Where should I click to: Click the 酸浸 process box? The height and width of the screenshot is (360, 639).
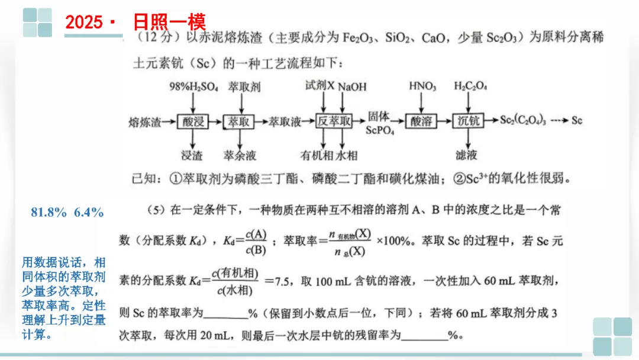pyautogui.click(x=193, y=121)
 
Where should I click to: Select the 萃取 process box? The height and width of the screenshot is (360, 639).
pyautogui.click(x=239, y=121)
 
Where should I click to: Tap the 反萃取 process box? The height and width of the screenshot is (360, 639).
pyautogui.click(x=334, y=121)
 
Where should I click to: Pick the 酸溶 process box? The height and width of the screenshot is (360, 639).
pyautogui.click(x=422, y=121)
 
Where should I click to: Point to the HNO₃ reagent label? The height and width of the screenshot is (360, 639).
pyautogui.click(x=422, y=86)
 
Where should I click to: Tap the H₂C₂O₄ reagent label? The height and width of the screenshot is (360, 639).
pyautogui.click(x=470, y=86)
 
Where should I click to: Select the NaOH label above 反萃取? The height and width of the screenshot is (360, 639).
pyautogui.click(x=353, y=87)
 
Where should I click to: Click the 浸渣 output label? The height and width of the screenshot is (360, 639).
pyautogui.click(x=192, y=156)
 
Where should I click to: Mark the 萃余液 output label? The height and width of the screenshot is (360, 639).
pyautogui.click(x=239, y=156)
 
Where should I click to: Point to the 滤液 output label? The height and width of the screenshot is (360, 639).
pyautogui.click(x=467, y=156)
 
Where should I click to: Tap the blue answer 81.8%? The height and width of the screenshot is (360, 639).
pyautogui.click(x=49, y=212)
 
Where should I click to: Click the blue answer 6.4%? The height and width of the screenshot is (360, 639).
pyautogui.click(x=89, y=212)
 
